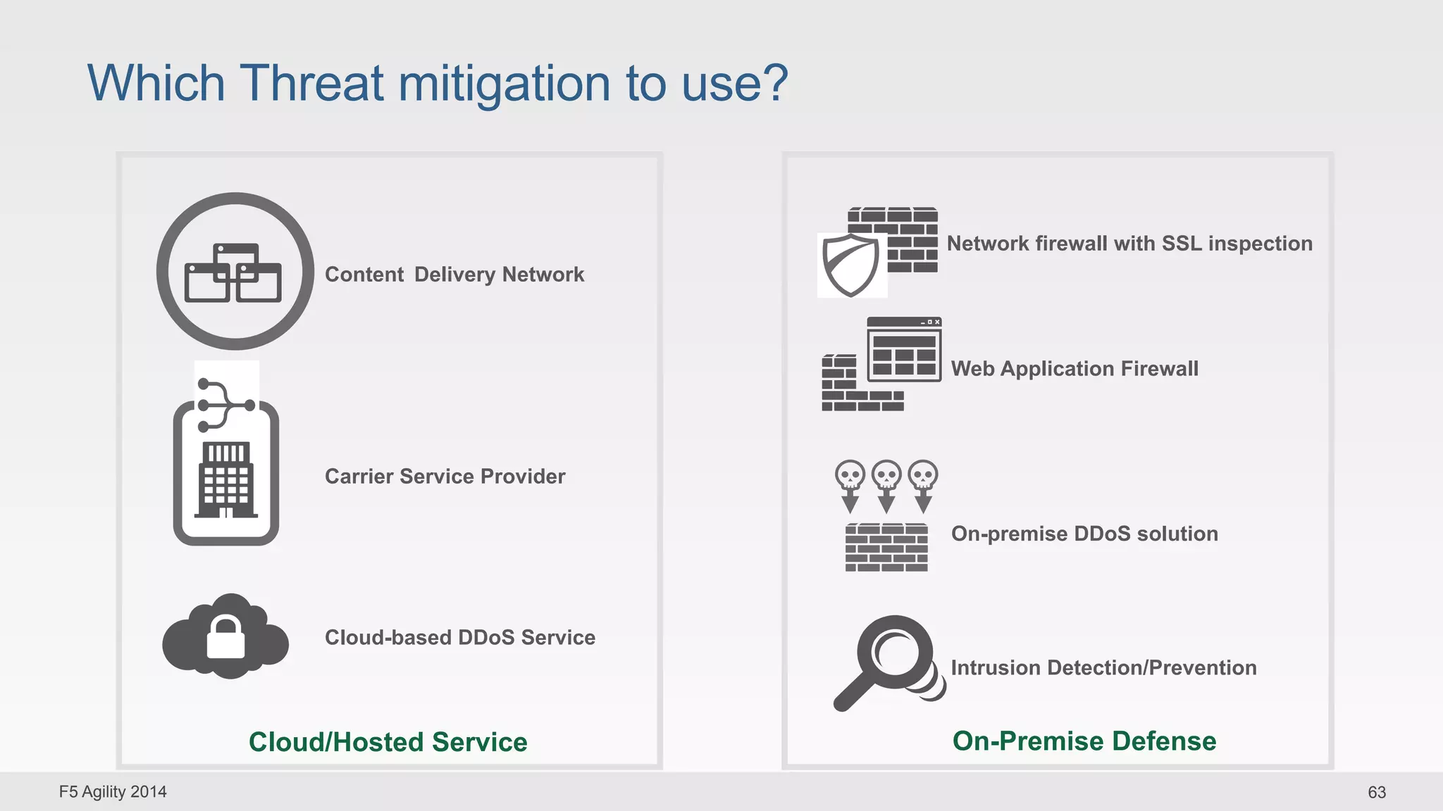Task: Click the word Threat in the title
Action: pos(312,84)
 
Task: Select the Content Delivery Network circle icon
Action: pos(235,272)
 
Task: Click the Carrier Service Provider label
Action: pos(445,477)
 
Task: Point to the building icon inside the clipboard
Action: pos(225,480)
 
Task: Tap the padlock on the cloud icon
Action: pos(225,638)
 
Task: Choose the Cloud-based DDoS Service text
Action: pos(459,638)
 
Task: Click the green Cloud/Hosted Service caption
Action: pos(388,742)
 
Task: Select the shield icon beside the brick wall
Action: pos(851,265)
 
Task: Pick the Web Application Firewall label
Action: pos(1074,369)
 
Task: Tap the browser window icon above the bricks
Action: pos(904,350)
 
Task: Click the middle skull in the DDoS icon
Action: pos(886,476)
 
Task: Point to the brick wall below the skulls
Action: pos(886,548)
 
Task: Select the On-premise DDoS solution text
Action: pos(1084,534)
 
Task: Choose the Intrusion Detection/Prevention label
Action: pos(1103,667)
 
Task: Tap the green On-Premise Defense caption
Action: pos(1084,741)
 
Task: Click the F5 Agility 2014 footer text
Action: pos(113,792)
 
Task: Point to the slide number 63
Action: pos(1376,793)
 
